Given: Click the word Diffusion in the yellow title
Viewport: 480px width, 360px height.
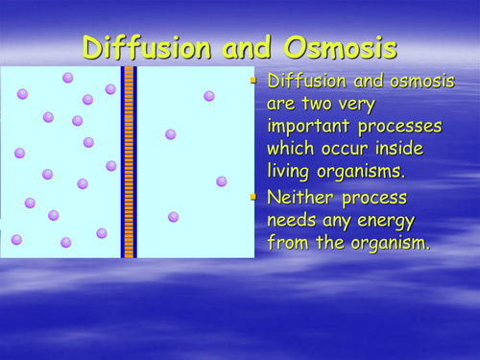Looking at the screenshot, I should [149, 47].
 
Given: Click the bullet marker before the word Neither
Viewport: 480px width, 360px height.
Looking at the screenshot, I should [254, 197].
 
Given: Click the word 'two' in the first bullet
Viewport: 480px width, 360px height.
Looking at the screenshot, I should [324, 105].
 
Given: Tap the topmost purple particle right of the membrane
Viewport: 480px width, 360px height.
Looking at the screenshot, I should [209, 95].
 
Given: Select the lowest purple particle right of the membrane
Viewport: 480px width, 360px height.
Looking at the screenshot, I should [174, 217].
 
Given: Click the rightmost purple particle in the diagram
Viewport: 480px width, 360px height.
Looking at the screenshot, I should [222, 180].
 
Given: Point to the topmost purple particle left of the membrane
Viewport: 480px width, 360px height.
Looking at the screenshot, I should [68, 77].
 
